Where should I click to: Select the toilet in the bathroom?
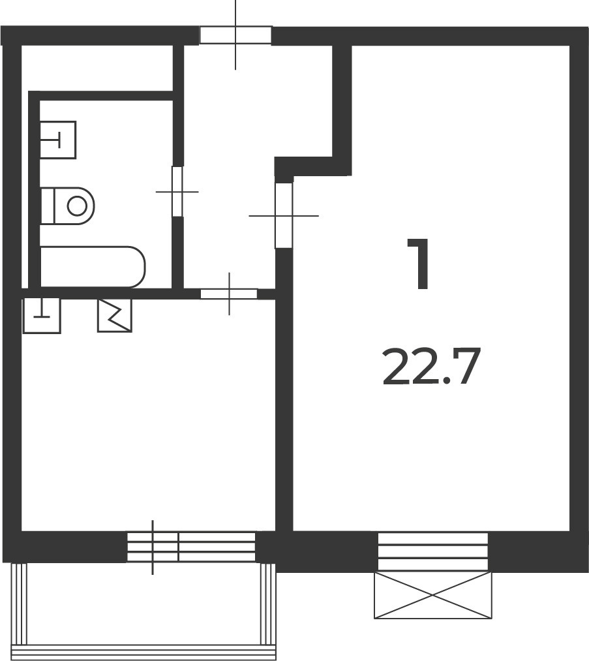click(x=67, y=206)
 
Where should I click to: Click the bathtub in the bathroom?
click(x=93, y=267)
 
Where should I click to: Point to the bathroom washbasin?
click(x=58, y=140)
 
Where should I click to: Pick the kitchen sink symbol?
click(x=42, y=315)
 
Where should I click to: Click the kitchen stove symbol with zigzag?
click(x=115, y=315)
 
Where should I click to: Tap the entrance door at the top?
click(x=235, y=35)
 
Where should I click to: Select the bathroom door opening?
click(x=178, y=192)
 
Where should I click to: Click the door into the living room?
click(x=284, y=215)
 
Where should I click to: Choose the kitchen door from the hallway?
click(x=229, y=294)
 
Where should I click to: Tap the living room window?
click(x=433, y=551)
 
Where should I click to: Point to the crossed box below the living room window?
click(x=433, y=595)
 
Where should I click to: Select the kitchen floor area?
click(x=147, y=422)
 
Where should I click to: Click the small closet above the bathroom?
click(x=97, y=67)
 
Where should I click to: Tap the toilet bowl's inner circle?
click(x=77, y=206)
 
